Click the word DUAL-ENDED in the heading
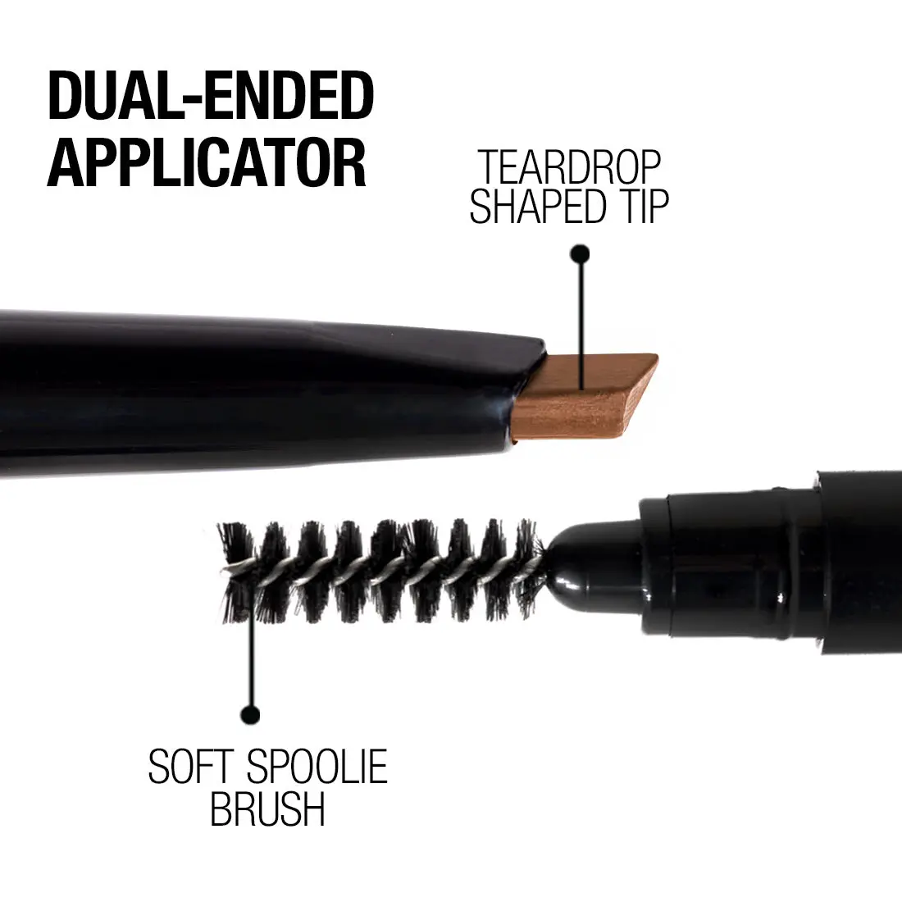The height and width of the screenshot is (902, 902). (x=211, y=95)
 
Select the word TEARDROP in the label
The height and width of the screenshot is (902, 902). (x=570, y=167)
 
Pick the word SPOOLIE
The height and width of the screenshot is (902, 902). (x=317, y=766)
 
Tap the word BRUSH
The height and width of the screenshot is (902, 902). (x=267, y=809)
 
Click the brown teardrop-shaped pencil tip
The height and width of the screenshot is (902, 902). (x=584, y=396)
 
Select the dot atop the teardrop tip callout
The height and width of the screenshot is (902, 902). (x=580, y=253)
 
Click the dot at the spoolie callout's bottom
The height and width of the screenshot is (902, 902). (x=249, y=714)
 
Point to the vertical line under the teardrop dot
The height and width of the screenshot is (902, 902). (x=581, y=326)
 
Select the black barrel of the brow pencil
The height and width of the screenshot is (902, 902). (x=259, y=391)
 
